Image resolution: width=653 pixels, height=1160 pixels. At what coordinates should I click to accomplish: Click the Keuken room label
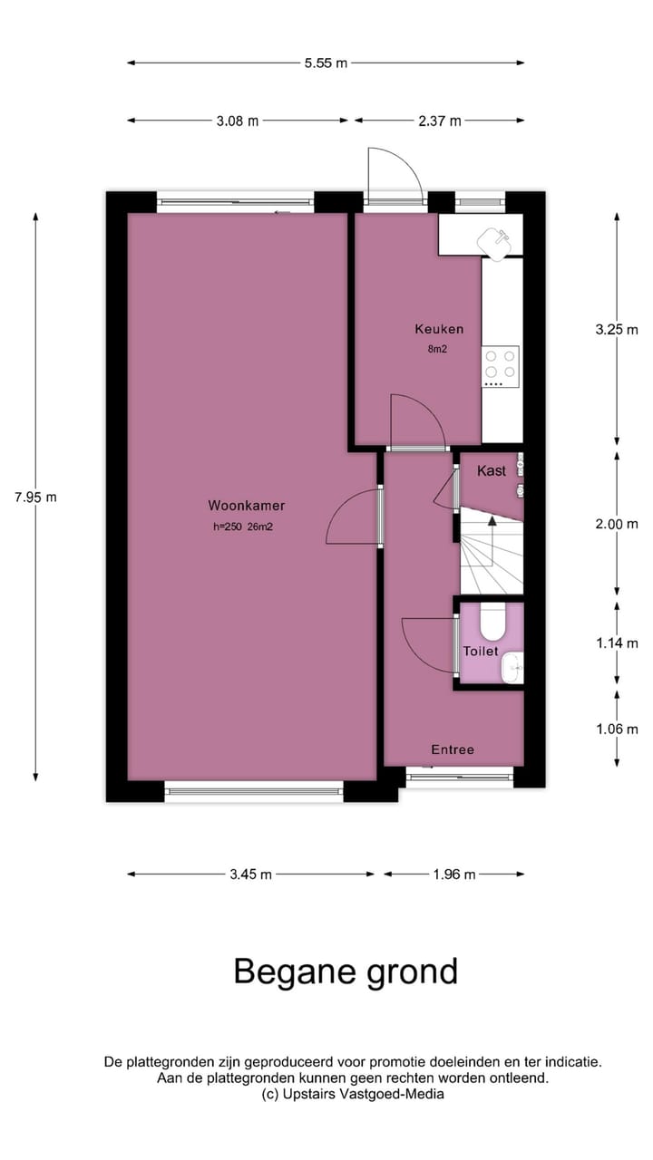point(439,329)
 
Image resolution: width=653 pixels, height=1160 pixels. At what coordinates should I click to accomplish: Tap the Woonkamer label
point(239,506)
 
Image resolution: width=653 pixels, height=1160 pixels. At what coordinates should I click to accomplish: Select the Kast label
point(492,470)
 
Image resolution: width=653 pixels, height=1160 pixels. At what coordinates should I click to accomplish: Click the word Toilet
point(481,652)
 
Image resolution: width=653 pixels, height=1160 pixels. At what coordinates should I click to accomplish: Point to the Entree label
point(453,749)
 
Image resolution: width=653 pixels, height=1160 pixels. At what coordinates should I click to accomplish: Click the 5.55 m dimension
point(326,63)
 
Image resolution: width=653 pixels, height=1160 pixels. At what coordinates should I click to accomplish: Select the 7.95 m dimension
point(35,497)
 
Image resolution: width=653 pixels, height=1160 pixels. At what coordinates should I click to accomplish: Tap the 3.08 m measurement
point(238,121)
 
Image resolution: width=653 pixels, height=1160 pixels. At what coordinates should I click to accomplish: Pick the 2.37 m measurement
point(439,121)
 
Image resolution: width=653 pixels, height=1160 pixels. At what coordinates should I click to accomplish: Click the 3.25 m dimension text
point(617,330)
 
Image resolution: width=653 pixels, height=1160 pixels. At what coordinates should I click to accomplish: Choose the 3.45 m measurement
point(250,875)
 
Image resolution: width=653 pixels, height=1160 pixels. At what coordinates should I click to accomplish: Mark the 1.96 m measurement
point(454,875)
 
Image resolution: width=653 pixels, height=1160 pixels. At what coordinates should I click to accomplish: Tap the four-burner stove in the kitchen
point(500,364)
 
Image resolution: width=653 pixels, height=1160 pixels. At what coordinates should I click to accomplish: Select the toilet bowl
point(492,621)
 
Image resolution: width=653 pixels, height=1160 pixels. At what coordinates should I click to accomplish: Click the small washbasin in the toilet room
point(514,669)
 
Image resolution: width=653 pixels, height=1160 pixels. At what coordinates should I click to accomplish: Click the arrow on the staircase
point(492,521)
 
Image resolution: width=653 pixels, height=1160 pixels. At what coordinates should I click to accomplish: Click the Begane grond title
point(346,971)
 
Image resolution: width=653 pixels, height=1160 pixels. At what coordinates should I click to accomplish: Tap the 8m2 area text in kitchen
point(439,348)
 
